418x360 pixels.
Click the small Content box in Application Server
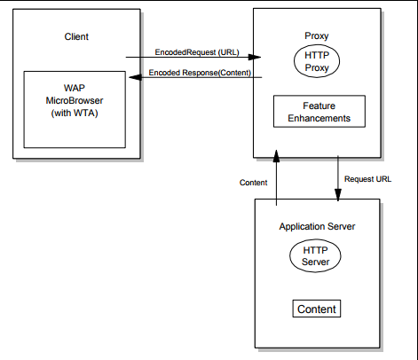tap(317, 309)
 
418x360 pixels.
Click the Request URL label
tap(367, 177)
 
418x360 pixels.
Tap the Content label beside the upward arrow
tap(254, 183)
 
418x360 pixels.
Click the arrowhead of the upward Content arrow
tap(277, 155)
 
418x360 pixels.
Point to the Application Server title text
tap(318, 227)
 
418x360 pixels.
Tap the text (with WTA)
tap(75, 114)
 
